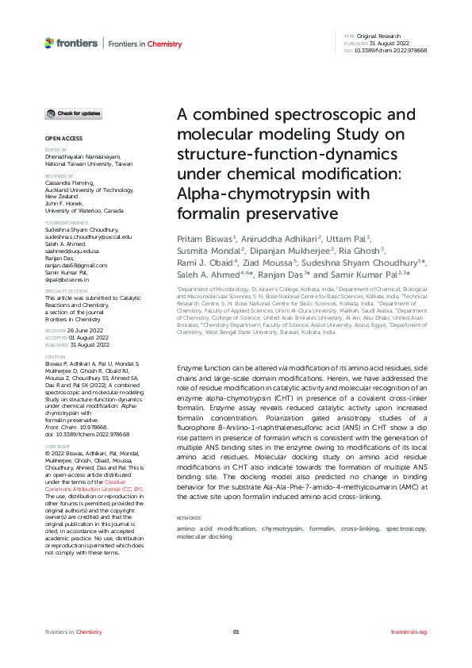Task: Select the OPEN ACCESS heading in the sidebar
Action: click(58, 138)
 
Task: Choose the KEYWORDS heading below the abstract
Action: click(189, 474)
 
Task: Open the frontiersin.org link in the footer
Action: click(409, 632)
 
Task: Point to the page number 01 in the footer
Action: click(236, 632)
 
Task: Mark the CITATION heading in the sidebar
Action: click(55, 358)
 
